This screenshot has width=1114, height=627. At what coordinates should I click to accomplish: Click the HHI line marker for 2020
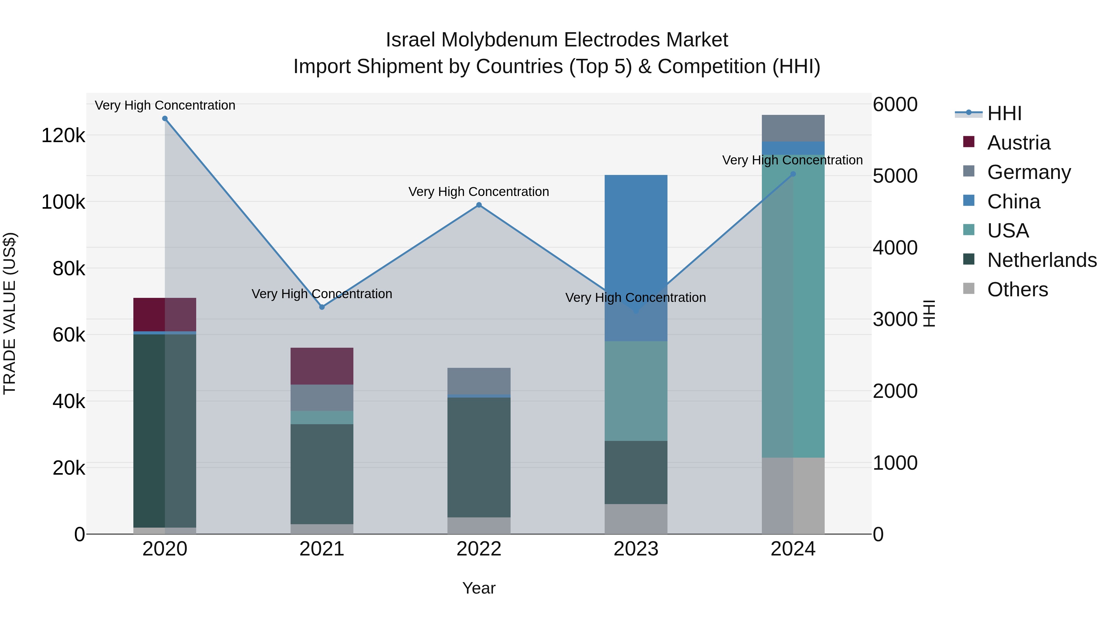point(165,119)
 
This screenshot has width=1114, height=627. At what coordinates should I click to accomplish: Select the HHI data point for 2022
point(479,205)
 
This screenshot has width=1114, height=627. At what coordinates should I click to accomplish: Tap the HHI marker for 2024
point(793,174)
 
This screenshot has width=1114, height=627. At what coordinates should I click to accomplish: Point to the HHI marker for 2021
point(322,307)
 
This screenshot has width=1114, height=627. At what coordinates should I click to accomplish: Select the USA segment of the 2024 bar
point(793,306)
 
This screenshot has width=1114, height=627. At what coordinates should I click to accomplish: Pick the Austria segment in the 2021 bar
point(322,366)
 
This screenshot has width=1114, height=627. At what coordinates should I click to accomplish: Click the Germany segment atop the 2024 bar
point(793,128)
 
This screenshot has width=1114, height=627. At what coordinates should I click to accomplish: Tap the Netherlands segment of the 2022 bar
point(479,457)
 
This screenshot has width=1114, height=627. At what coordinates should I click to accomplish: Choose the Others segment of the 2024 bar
point(793,495)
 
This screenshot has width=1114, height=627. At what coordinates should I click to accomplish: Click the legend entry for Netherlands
point(1041,260)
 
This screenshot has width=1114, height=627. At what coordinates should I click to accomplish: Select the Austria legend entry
point(1018,143)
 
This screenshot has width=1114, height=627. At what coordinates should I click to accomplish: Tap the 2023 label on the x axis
point(636,549)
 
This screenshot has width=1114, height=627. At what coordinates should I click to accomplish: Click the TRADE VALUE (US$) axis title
point(10,313)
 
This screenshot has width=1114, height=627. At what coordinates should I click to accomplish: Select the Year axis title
point(479,588)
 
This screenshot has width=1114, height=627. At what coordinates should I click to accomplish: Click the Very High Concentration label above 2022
point(479,192)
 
